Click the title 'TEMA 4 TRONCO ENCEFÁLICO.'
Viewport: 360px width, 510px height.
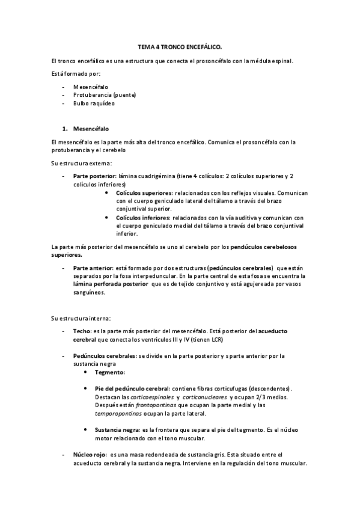[x=180, y=46]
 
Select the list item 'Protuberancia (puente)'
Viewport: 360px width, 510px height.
[x=105, y=94]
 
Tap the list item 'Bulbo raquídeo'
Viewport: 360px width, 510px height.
[x=94, y=103]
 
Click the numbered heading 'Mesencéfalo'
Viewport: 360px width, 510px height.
[x=91, y=129]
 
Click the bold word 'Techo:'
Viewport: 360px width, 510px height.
[x=82, y=331]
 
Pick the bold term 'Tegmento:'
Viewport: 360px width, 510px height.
[x=110, y=372]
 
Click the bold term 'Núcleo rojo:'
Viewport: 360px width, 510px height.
[x=90, y=454]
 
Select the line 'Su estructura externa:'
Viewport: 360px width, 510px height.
[x=81, y=163]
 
